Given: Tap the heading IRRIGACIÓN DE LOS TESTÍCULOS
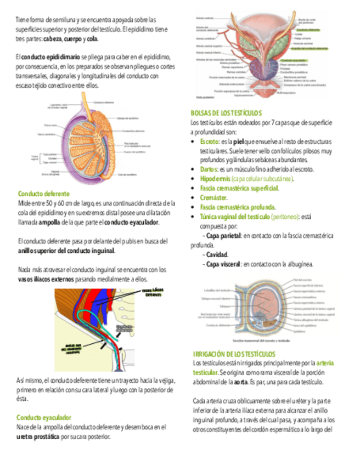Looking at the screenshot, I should (x=234, y=354).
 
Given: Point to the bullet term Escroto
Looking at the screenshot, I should (x=210, y=142).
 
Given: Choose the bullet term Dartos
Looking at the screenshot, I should (x=209, y=169).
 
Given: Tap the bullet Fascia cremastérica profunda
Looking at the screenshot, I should (x=238, y=207).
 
